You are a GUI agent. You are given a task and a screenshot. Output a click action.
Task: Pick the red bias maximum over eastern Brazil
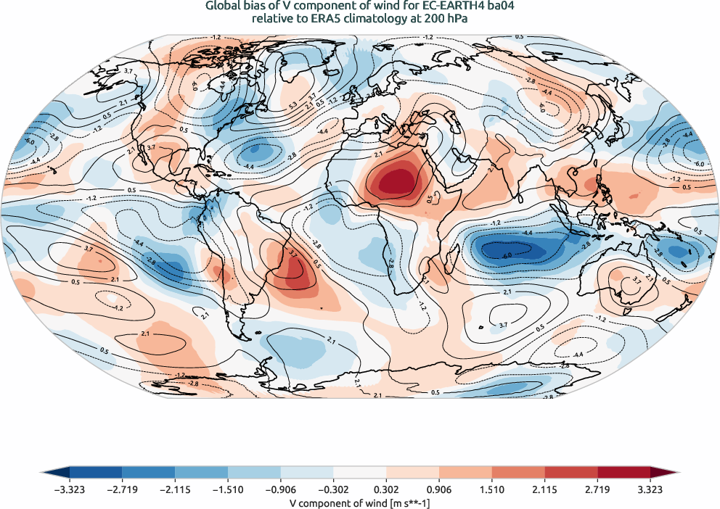pyautogui.click(x=295, y=271)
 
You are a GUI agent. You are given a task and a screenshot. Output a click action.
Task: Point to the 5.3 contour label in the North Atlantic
pyautogui.click(x=293, y=105)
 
